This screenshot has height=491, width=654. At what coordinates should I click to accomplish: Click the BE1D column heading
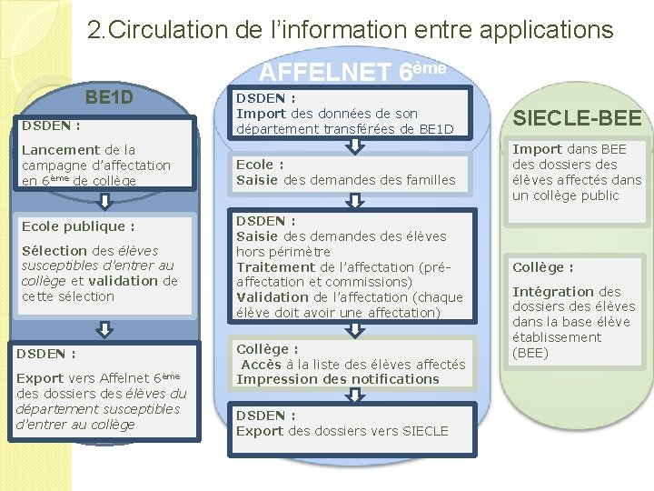109,97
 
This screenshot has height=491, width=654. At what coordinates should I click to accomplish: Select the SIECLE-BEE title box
578,117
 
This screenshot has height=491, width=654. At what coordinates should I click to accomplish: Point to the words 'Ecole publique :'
78,225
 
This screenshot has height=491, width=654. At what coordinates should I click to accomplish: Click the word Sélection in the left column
54,250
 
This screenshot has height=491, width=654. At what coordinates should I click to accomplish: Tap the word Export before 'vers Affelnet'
40,377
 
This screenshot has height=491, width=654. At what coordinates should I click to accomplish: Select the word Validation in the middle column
272,297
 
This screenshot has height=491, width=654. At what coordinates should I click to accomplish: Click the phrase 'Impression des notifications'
338,379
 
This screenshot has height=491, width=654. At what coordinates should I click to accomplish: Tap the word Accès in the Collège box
262,365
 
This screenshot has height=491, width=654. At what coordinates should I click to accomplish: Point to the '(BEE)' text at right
530,353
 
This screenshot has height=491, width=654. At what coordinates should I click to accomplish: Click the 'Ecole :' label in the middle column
260,165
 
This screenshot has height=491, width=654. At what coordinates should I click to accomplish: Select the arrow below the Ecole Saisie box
349,201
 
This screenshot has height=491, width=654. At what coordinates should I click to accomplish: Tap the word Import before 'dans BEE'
535,149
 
